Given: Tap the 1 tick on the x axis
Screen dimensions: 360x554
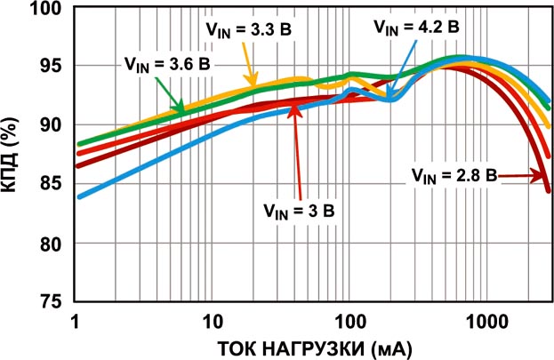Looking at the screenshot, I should (x=78, y=317).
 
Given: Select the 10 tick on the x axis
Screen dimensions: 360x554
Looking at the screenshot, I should (x=213, y=317).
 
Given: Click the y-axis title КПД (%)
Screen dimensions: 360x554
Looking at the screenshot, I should (x=16, y=156).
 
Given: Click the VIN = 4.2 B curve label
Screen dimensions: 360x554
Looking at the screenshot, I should (x=416, y=28).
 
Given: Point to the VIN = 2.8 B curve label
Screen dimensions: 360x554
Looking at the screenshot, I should (x=453, y=174).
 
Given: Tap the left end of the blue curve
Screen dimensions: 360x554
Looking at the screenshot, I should (x=79, y=196).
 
